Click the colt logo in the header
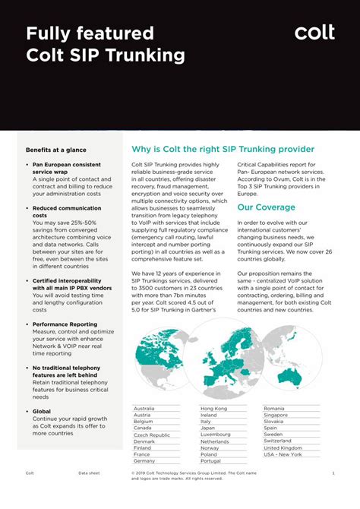(314, 32)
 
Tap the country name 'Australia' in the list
(144, 409)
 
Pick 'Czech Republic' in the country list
(151, 435)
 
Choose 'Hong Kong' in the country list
(213, 409)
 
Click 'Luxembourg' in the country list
(216, 435)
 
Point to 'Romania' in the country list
(274, 409)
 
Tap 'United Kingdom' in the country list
(283, 447)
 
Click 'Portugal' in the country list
(211, 461)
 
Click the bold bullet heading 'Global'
(42, 412)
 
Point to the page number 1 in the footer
(333, 473)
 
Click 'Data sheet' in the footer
(89, 473)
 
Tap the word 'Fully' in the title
(53, 33)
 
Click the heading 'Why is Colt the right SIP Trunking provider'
(223, 150)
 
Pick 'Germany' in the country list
(144, 461)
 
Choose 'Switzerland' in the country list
(277, 441)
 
